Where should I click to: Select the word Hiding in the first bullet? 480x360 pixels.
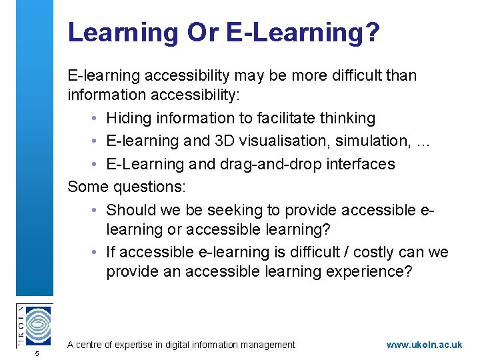point(129,118)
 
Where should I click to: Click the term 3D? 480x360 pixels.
point(212,141)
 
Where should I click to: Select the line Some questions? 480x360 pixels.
point(126,187)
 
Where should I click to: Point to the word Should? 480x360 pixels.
point(131,210)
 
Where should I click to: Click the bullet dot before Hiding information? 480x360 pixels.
point(97,119)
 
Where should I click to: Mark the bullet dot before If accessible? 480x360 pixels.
point(97,253)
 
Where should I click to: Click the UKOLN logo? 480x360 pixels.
point(33,325)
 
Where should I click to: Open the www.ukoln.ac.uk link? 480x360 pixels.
point(424,345)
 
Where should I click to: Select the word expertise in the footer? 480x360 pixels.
point(136,345)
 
